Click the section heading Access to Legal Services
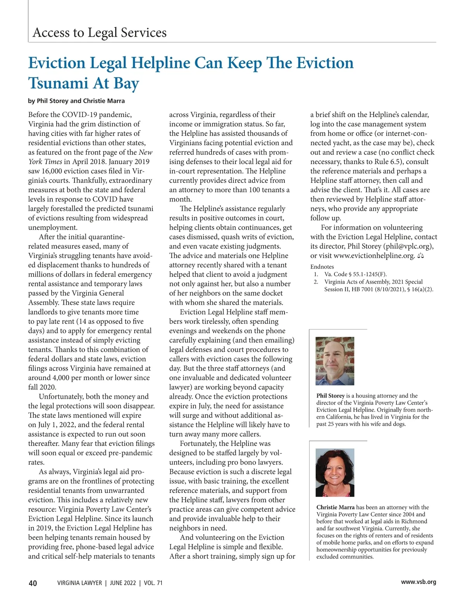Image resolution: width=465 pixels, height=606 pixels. coord(100,32)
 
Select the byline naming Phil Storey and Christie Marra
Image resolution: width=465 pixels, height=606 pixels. coord(76,101)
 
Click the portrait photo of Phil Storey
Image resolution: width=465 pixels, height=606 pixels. coord(335,361)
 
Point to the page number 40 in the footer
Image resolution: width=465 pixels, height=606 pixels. coord(33,583)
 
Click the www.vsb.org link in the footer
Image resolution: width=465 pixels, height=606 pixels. coord(418,582)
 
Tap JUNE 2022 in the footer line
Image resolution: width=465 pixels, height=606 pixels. coord(123,583)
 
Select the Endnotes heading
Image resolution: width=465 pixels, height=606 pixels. coord(322,267)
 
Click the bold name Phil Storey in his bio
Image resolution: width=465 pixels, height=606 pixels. coord(331,396)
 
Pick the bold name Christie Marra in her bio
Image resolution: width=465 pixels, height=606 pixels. coord(336,508)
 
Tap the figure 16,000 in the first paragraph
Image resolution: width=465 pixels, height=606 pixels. coord(53,171)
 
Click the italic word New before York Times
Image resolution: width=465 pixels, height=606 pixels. coord(146,152)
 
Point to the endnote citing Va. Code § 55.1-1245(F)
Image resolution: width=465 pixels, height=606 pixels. coord(355,274)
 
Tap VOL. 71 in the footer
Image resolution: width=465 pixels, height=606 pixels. coord(153,583)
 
